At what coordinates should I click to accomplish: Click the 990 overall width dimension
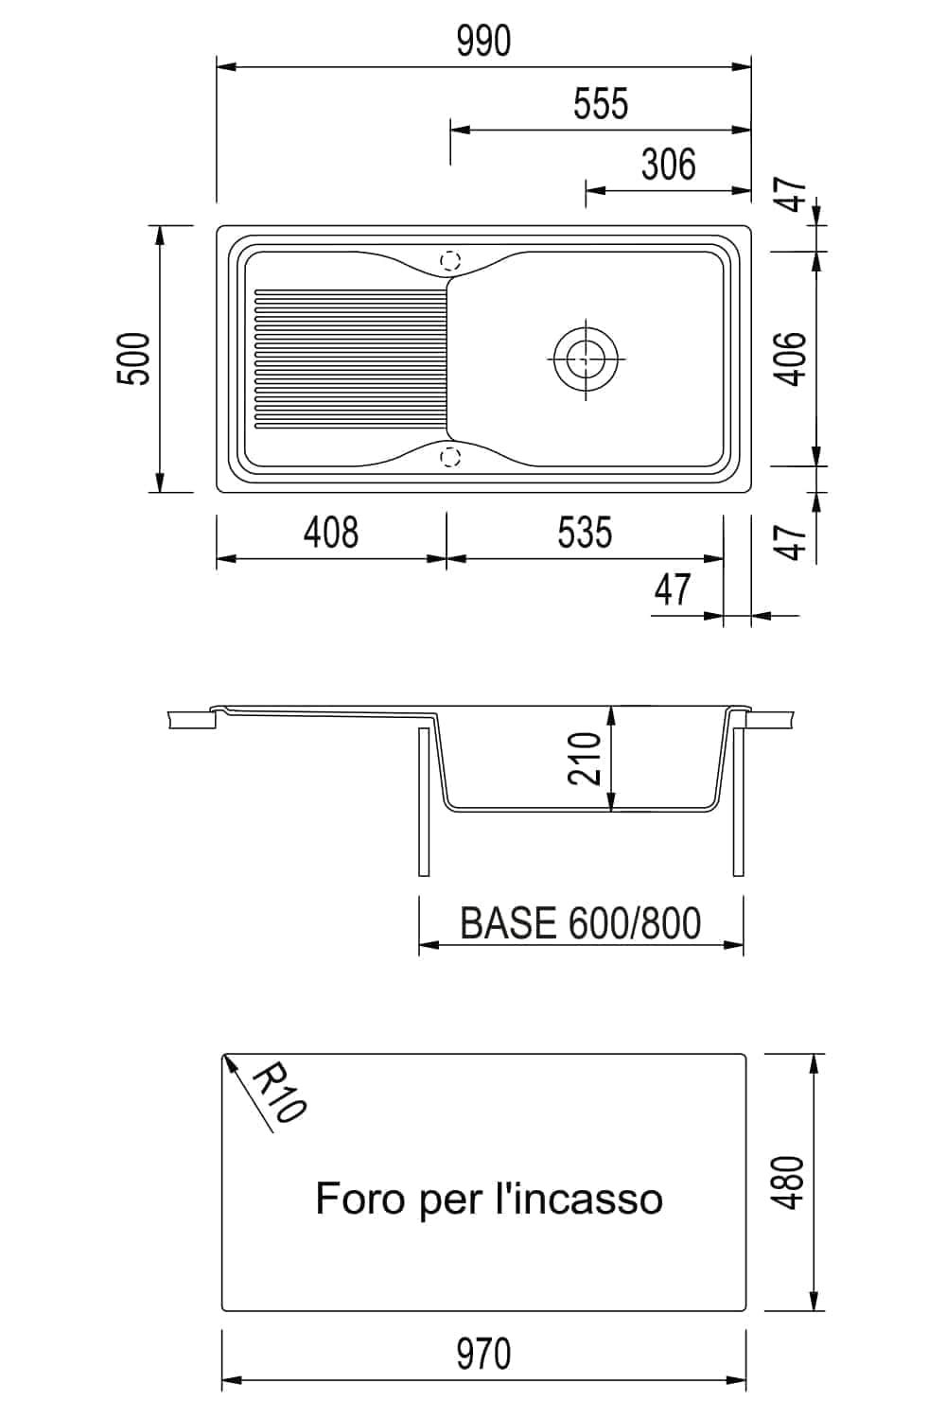(483, 42)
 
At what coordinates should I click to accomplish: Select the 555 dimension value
(601, 104)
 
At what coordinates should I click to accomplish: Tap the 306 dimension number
(668, 165)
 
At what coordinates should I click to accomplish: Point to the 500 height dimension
(134, 359)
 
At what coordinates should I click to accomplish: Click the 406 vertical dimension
(792, 359)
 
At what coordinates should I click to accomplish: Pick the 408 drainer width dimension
(331, 533)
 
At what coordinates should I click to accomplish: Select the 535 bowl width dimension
(585, 533)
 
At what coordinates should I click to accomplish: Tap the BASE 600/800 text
(580, 923)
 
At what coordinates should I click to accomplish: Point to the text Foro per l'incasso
(489, 1199)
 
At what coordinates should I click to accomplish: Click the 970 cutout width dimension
(483, 1354)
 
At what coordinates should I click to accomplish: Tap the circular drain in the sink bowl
(585, 359)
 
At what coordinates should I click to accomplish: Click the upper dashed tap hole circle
(450, 259)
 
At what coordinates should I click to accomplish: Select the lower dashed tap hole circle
(450, 457)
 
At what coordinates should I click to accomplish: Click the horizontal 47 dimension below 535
(672, 590)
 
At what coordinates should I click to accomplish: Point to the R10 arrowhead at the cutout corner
(228, 1062)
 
